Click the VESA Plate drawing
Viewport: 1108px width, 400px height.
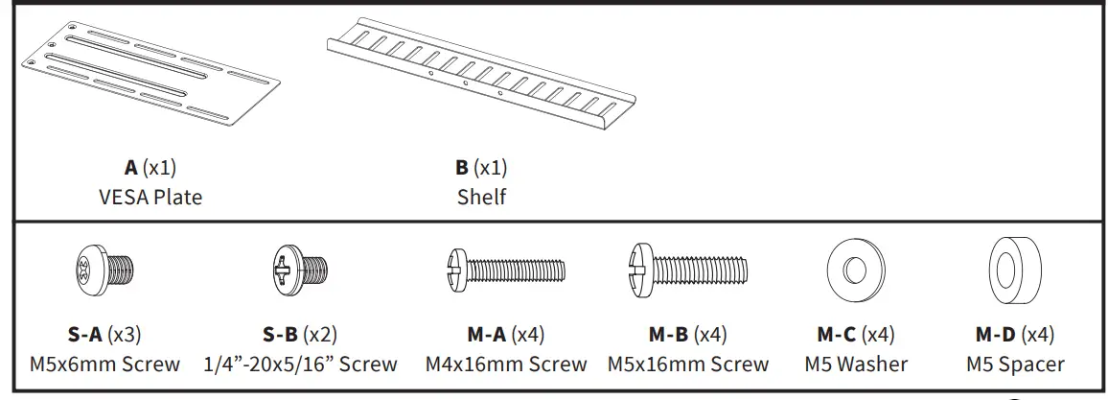(x=150, y=74)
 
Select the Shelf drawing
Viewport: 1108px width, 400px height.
(x=480, y=74)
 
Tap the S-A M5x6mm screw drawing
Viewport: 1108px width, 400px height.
(x=104, y=270)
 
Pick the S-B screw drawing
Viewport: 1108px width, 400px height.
(x=300, y=270)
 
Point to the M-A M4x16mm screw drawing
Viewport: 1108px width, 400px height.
(x=505, y=270)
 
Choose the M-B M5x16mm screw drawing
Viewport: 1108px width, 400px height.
(x=688, y=270)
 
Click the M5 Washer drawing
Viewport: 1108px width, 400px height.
(x=856, y=270)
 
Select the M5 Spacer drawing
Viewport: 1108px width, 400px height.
(x=1015, y=270)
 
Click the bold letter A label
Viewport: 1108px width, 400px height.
(x=130, y=168)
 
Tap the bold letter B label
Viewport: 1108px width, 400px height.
(x=461, y=168)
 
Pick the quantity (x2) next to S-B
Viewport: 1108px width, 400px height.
(x=320, y=334)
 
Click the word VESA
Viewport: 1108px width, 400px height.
(x=124, y=197)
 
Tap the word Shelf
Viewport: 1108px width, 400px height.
(x=481, y=197)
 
